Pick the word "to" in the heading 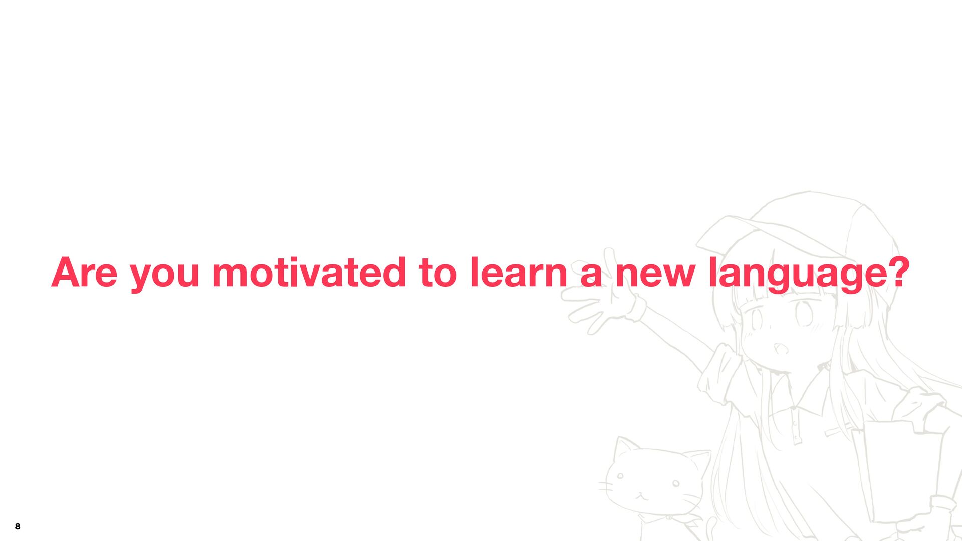pos(438,273)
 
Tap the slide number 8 pos(18,526)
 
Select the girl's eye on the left pos(755,318)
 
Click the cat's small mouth pos(642,496)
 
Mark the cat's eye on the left pos(620,476)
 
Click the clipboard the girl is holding pos(897,471)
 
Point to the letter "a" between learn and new pos(591,276)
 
